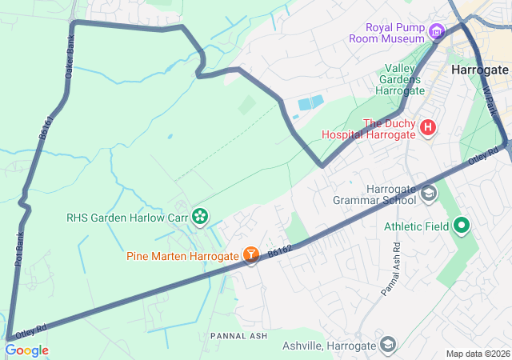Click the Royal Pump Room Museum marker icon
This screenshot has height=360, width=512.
[x=436, y=32]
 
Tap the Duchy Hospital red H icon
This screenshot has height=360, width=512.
[x=428, y=127]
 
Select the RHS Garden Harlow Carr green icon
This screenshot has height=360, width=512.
[x=200, y=216]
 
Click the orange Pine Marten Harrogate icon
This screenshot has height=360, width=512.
[x=251, y=255]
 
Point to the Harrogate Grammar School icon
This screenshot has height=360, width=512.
[x=429, y=193]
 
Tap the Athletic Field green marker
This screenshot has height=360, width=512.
[x=461, y=226]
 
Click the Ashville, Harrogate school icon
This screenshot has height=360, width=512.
[x=388, y=345]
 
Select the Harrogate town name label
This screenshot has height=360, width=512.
[x=480, y=70]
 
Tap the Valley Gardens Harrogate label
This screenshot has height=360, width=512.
[x=394, y=79]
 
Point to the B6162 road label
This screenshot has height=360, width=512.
[x=280, y=250]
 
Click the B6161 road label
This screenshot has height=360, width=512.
[x=45, y=130]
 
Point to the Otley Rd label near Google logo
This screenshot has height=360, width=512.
[x=30, y=329]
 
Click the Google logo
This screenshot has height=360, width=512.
[x=26, y=350]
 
